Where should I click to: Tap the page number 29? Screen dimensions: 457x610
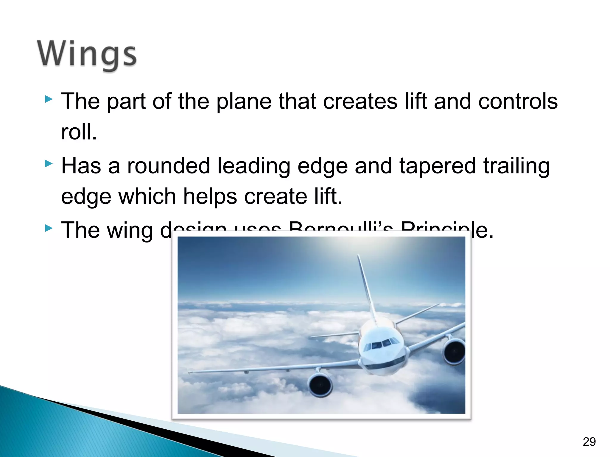point(589,442)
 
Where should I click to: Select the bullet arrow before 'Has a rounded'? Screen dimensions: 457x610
point(49,163)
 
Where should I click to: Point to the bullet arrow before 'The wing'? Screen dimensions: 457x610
point(49,228)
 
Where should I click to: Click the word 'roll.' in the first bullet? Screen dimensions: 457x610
point(79,132)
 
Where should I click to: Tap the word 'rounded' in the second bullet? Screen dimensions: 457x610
point(169,166)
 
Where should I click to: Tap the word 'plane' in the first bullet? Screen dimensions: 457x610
point(244,101)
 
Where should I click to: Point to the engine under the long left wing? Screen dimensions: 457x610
point(320,385)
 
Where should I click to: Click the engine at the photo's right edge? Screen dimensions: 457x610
point(454,352)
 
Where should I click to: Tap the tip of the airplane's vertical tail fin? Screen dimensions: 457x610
point(358,256)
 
